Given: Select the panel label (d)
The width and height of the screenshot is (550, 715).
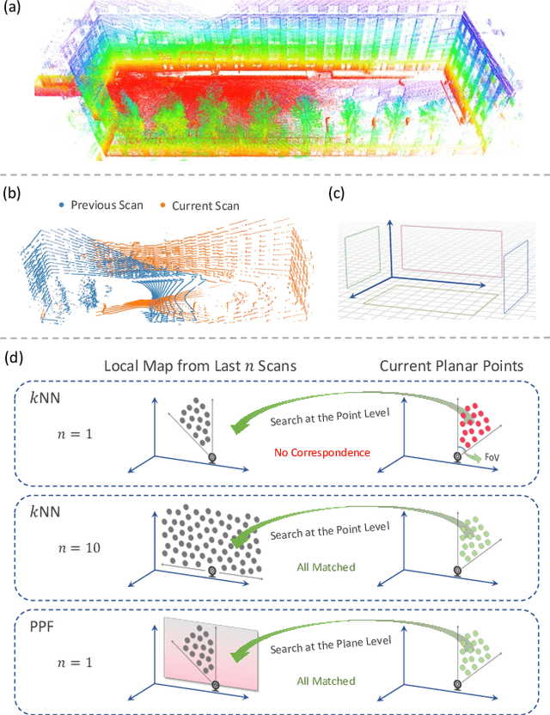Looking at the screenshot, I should pyautogui.click(x=14, y=354).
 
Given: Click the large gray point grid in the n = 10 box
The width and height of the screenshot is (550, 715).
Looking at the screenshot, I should pyautogui.click(x=203, y=541).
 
